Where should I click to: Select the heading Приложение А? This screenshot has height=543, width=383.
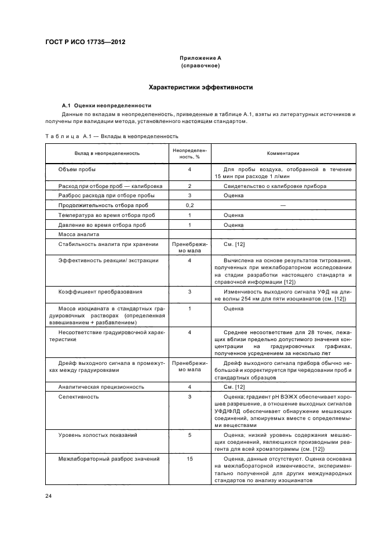[200, 59]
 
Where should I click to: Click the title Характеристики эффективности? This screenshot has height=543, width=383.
[200, 87]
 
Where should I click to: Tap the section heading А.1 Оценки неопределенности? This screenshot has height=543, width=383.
[107, 106]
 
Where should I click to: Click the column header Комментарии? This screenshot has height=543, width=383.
[283, 153]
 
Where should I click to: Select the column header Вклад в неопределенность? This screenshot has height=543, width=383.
[107, 153]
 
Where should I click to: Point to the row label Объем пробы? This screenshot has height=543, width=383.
[77, 169]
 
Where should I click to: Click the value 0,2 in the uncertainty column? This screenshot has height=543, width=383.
[189, 205]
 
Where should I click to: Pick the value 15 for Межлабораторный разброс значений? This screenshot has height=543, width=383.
[189, 459]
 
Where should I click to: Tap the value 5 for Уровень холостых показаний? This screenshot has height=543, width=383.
[189, 435]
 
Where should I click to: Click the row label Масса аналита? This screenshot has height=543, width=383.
[79, 234]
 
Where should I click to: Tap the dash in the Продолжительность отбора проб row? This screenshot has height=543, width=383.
[283, 205]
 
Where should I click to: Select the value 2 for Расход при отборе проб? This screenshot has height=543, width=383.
[189, 186]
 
